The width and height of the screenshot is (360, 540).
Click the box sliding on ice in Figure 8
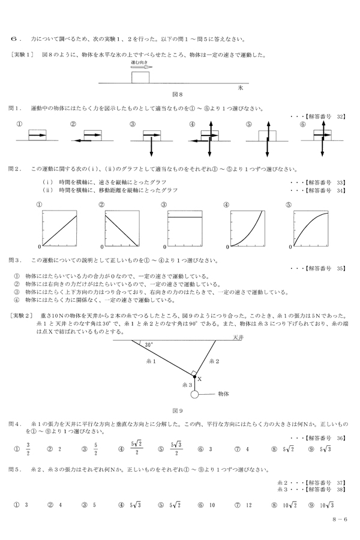[140, 77]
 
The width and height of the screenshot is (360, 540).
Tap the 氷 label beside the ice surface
[239, 87]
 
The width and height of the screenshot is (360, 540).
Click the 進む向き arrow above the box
[142, 67]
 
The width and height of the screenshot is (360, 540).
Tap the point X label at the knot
[199, 379]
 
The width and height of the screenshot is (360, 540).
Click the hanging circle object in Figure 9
[195, 395]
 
